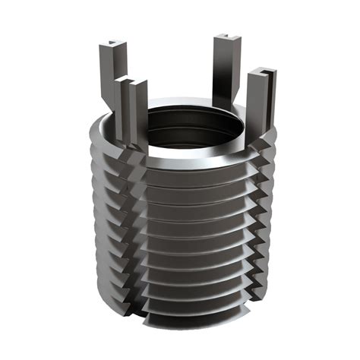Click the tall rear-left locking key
[x=109, y=76]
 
